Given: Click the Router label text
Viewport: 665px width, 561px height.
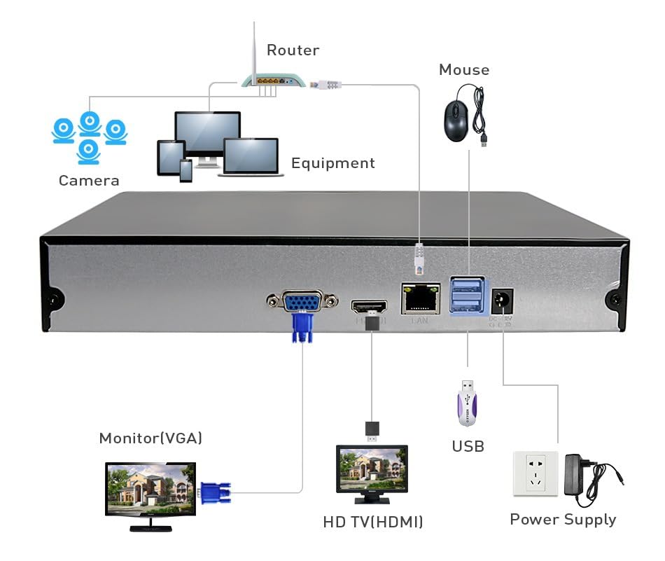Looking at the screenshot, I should [293, 50].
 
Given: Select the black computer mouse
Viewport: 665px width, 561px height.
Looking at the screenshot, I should [456, 120].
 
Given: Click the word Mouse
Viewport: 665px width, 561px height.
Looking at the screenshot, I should [463, 70].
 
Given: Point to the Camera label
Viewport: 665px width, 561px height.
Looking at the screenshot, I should [89, 181].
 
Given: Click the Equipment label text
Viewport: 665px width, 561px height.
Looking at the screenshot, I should [332, 163].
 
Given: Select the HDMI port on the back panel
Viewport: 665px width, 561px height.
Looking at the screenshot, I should [369, 307].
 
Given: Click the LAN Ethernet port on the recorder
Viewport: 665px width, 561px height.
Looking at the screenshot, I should [420, 299].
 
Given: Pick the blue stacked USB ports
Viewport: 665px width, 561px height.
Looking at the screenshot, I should [466, 295].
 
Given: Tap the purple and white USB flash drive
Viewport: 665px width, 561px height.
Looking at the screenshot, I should [467, 404].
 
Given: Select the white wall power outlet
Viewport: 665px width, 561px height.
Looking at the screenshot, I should [535, 473].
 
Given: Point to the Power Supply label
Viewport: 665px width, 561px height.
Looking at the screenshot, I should [563, 520].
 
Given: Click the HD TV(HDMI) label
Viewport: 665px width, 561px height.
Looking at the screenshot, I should [372, 522].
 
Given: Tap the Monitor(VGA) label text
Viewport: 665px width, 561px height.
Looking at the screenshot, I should [150, 438].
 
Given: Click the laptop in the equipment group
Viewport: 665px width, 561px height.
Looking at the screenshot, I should [251, 156].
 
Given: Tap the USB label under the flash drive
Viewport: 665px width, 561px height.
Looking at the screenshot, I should [468, 446].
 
